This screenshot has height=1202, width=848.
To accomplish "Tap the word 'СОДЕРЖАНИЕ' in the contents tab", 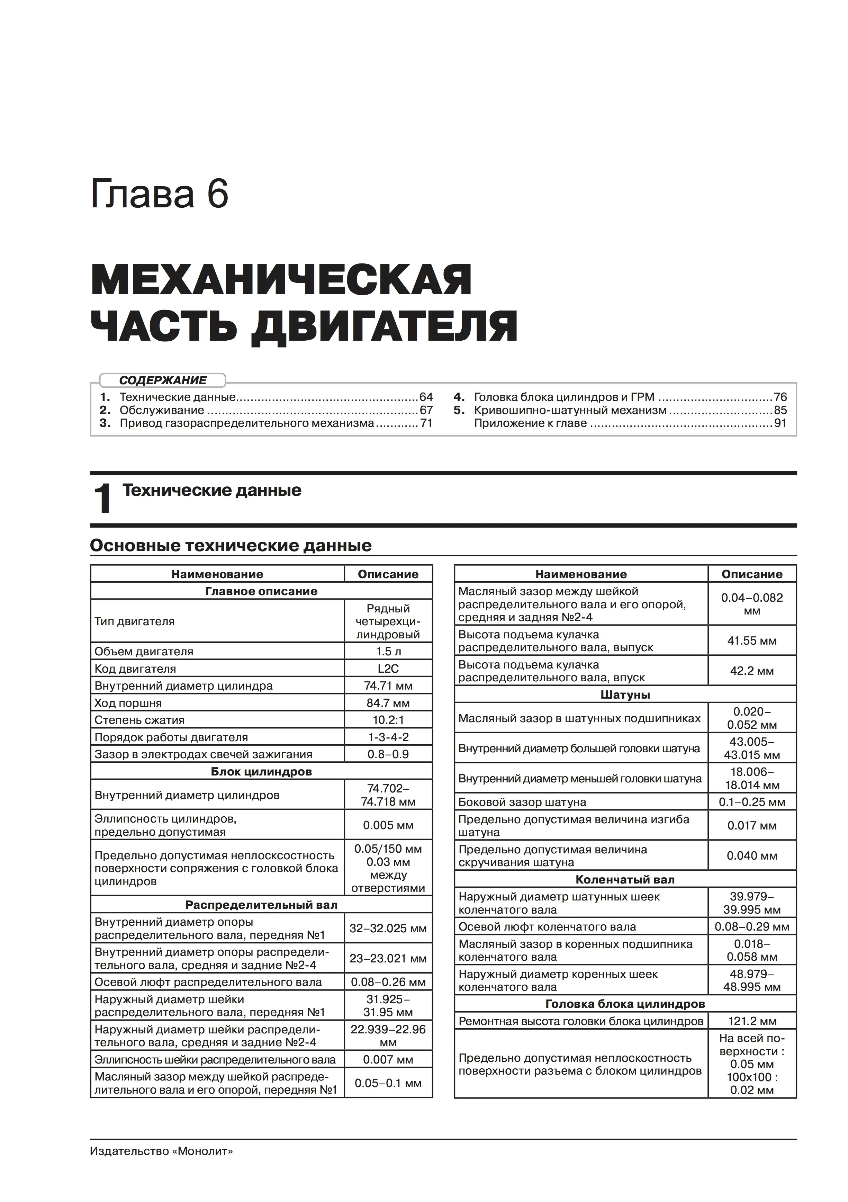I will [x=163, y=380].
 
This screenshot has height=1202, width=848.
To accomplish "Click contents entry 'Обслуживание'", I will [x=162, y=411].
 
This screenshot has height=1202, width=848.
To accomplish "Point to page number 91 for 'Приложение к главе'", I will [x=781, y=423].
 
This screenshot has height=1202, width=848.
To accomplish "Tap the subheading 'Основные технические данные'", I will [x=231, y=546].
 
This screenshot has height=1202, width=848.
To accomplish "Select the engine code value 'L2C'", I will [x=388, y=669].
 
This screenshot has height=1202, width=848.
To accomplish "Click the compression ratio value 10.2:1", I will [x=388, y=720].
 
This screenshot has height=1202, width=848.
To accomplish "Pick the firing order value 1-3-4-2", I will [x=388, y=737].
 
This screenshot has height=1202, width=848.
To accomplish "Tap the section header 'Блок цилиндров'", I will [x=261, y=772].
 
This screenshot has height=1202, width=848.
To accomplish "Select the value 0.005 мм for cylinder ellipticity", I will [x=388, y=826].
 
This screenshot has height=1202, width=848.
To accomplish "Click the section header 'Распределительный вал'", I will [x=261, y=905].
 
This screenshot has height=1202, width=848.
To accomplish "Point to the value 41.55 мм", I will [x=752, y=641].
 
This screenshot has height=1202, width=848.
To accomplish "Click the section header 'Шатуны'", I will [x=625, y=695].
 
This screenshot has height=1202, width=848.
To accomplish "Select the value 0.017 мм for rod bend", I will [x=752, y=826].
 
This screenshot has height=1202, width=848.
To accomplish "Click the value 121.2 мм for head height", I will [x=752, y=1021].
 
